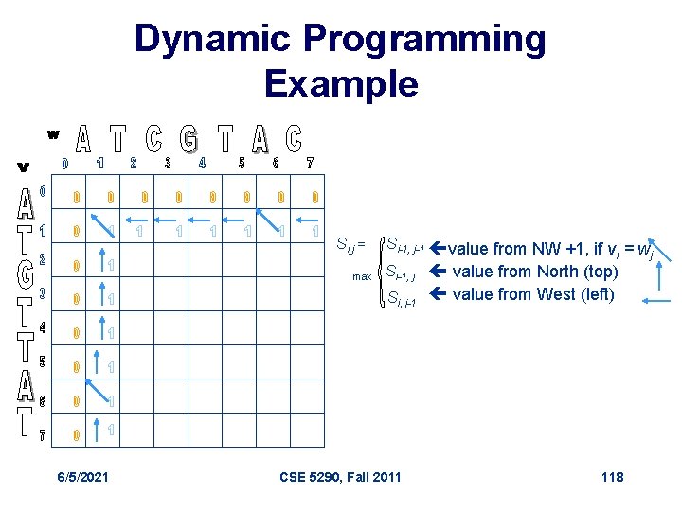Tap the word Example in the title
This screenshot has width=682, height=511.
pyautogui.click(x=341, y=83)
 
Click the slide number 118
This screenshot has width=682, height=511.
pyautogui.click(x=612, y=476)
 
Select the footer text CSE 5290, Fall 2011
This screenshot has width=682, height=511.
pyautogui.click(x=341, y=476)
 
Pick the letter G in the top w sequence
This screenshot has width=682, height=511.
pyautogui.click(x=189, y=139)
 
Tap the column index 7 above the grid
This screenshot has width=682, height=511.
pyautogui.click(x=310, y=163)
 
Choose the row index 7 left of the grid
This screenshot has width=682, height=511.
pyautogui.click(x=42, y=436)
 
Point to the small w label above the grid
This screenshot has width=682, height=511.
pyautogui.click(x=53, y=133)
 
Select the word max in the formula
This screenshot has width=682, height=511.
pyautogui.click(x=362, y=276)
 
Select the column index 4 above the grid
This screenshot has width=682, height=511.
pyautogui.click(x=202, y=163)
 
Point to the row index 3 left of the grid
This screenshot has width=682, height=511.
pyautogui.click(x=42, y=293)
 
